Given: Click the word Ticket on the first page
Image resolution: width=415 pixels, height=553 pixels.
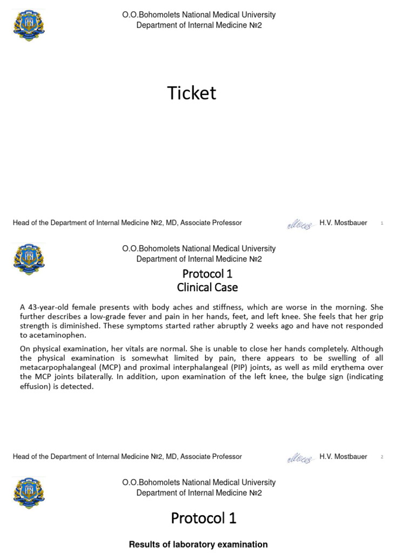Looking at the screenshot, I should [x=192, y=93].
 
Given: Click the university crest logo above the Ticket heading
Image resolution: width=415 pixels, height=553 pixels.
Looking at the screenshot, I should [x=29, y=25].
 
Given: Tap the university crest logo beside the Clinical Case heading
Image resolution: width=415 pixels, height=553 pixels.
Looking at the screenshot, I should [x=29, y=259].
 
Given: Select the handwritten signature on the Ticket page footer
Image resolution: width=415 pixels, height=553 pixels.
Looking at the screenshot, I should [x=299, y=224].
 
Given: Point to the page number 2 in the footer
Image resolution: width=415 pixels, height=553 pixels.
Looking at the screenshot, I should [x=381, y=457].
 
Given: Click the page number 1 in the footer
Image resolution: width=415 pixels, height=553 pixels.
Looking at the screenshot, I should [x=381, y=223].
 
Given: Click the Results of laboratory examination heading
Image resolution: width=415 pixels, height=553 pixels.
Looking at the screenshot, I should [x=198, y=544].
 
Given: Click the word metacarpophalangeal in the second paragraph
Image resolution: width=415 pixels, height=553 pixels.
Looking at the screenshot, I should [x=62, y=367].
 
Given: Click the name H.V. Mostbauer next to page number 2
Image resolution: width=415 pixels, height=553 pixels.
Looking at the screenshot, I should [x=343, y=457].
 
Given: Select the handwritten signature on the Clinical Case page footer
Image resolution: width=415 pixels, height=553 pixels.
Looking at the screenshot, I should [x=299, y=458].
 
